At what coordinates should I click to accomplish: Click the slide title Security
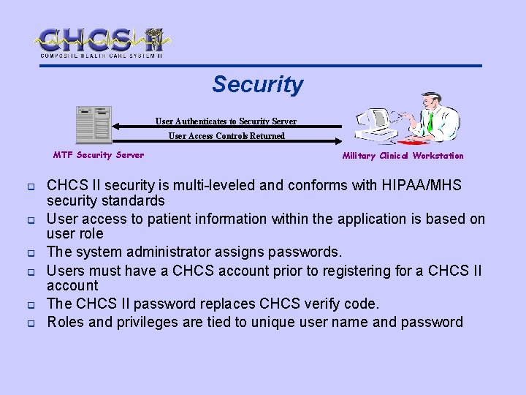[x=257, y=85]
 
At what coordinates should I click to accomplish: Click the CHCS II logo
[x=102, y=42]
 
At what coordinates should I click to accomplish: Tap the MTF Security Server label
[x=99, y=154]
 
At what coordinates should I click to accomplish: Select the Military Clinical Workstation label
[x=403, y=155]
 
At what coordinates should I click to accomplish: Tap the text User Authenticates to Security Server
[x=226, y=121]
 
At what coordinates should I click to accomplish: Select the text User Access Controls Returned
[x=226, y=135]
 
